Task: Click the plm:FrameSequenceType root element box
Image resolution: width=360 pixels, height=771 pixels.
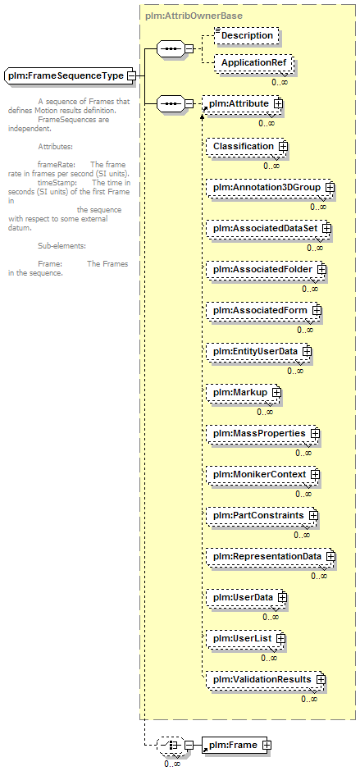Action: point(70,75)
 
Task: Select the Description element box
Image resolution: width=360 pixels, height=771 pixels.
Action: point(246,35)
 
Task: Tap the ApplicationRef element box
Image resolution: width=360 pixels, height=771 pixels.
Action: point(253,63)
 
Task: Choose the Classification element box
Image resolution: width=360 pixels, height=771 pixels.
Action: point(246,146)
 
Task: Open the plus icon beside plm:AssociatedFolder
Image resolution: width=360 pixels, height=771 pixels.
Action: point(322,269)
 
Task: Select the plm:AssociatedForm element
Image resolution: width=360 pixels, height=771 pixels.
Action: point(263,310)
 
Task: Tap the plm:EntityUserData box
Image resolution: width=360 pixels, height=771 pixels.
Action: point(258,351)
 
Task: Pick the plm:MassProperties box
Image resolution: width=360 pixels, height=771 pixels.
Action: point(262,433)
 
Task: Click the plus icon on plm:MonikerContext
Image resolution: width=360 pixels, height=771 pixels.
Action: point(315,474)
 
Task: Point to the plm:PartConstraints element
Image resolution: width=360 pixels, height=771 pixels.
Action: point(262,515)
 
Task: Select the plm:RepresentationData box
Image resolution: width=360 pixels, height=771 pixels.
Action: point(270,556)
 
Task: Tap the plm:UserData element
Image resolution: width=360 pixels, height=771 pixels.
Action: point(246,597)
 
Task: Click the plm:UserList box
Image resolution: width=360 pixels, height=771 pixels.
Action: point(245,638)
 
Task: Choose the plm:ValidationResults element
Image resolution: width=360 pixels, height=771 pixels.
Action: point(265,679)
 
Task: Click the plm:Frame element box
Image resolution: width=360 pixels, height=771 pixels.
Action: point(235,745)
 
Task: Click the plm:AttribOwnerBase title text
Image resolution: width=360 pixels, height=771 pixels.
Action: point(194,16)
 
